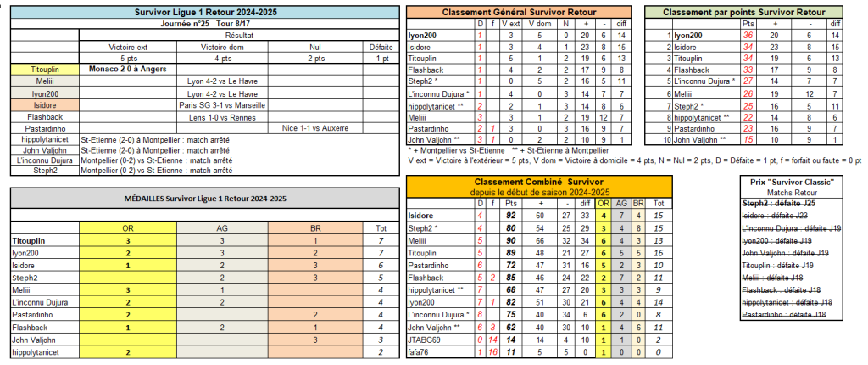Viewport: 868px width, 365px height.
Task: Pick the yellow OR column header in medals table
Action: tap(127, 227)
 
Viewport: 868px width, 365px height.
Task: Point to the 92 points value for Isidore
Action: tap(509, 216)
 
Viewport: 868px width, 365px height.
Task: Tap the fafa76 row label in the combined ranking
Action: tap(419, 351)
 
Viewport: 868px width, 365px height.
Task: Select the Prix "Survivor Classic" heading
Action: tap(793, 182)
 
